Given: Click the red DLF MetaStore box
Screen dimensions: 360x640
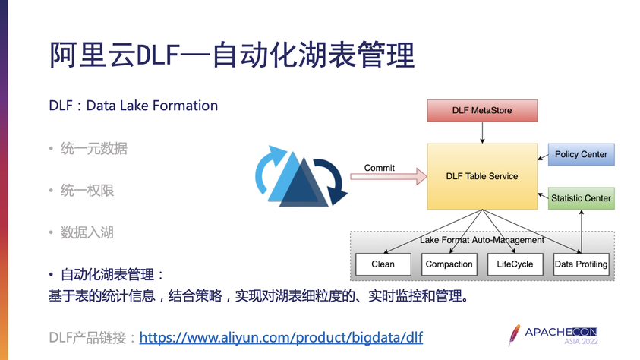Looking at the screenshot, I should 482,111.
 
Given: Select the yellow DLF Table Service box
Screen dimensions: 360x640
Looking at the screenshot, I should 482,176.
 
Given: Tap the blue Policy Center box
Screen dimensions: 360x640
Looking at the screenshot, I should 581,155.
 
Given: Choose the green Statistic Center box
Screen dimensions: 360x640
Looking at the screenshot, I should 581,198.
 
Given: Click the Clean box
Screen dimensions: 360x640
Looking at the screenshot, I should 383,264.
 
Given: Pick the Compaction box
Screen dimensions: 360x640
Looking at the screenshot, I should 448,264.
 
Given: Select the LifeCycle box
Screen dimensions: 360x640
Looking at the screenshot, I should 515,264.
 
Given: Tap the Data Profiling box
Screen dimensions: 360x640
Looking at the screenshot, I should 582,264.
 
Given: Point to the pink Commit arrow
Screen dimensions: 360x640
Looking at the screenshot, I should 387,177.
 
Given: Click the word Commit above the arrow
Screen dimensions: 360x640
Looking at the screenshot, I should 380,167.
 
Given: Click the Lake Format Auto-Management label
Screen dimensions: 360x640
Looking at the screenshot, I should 482,240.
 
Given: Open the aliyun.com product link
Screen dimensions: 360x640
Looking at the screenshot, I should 281,336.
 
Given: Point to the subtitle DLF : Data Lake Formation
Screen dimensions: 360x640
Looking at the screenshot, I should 134,106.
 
